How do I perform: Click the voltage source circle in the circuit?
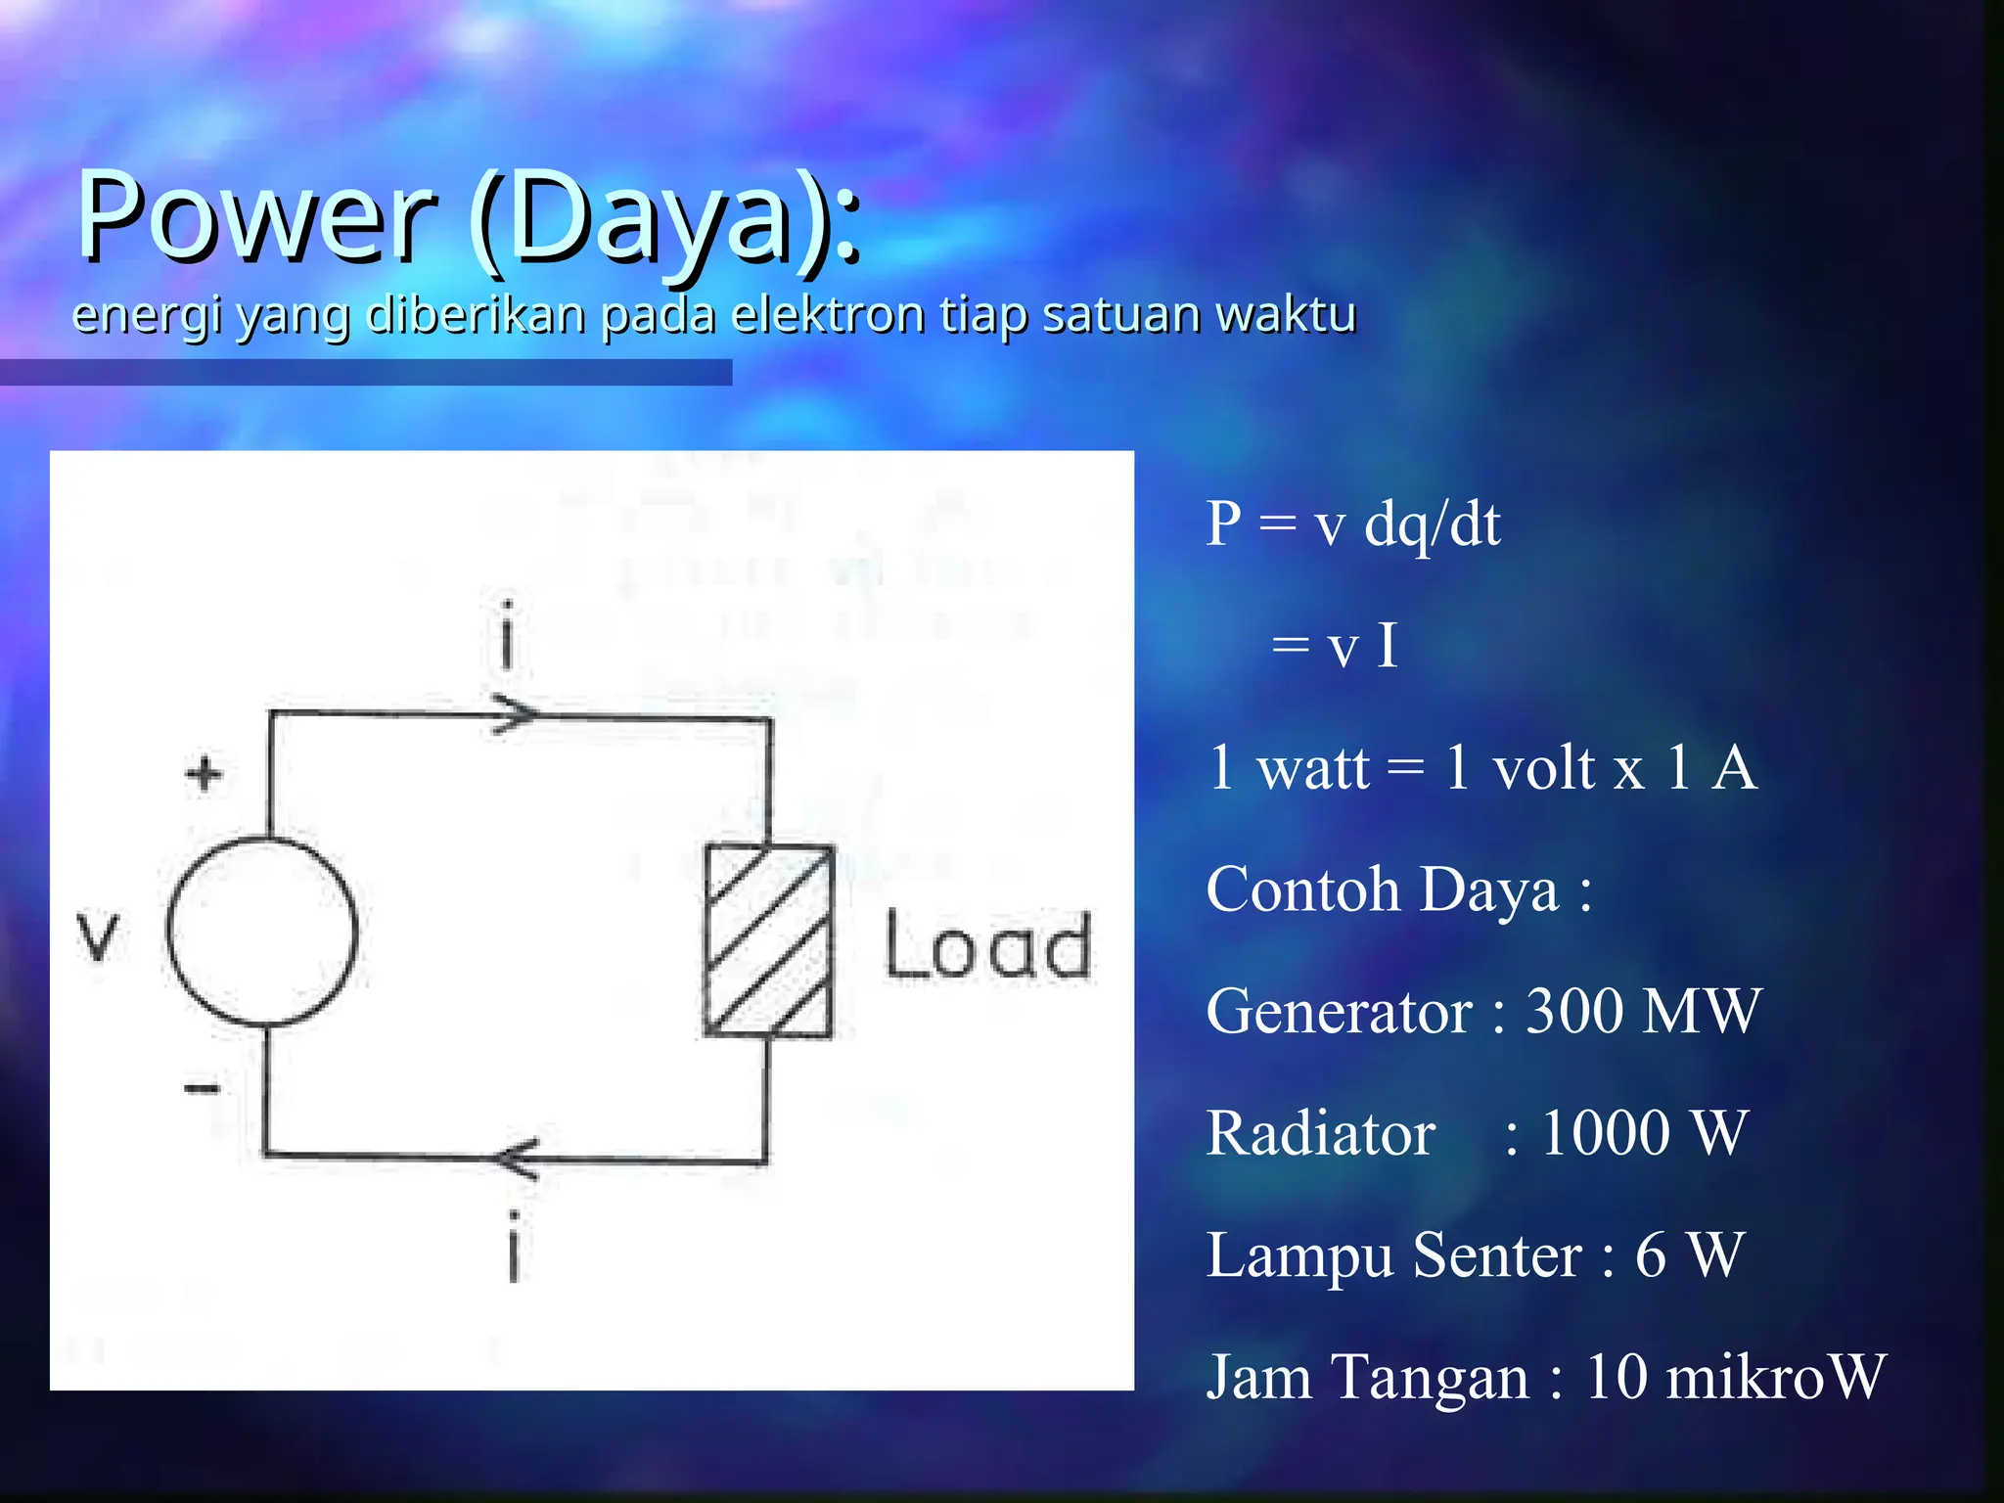262,932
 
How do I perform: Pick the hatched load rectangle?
769,940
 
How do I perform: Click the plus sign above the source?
204,774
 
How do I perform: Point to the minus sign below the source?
203,1088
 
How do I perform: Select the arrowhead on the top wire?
515,713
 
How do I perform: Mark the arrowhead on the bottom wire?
516,1159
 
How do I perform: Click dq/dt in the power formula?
1432,525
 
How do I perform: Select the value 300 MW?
1643,1011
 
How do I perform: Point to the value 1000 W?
1644,1133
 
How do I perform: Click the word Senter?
1497,1255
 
